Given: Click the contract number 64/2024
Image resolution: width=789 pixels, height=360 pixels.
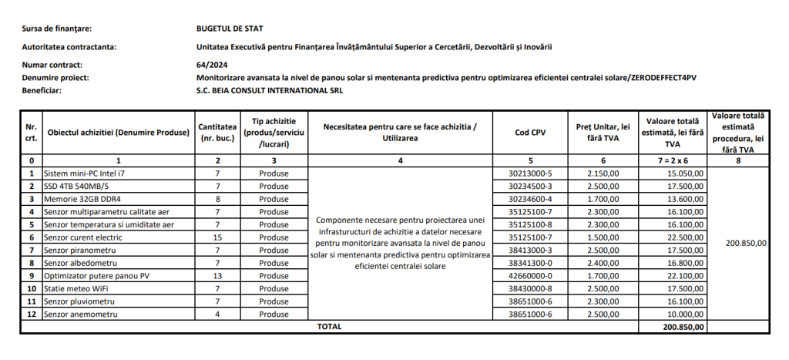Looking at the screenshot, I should (x=212, y=65).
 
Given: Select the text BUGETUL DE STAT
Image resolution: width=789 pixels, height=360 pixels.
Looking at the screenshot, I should (x=230, y=29).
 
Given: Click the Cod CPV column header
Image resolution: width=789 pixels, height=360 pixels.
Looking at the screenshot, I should (x=529, y=133).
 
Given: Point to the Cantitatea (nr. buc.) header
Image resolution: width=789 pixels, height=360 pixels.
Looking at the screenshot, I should (x=218, y=133).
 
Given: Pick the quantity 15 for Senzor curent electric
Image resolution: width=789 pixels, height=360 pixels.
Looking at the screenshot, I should (x=218, y=237).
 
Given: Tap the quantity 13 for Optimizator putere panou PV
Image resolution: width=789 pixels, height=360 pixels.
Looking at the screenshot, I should (x=218, y=276).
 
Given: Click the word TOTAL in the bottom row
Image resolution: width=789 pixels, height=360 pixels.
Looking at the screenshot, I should (x=329, y=327).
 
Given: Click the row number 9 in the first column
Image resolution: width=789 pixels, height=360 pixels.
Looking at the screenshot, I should (x=31, y=276).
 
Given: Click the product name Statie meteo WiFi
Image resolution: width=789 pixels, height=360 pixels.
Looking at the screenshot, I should (x=76, y=288).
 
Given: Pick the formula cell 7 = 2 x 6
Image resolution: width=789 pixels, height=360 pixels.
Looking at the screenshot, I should (x=673, y=160).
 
